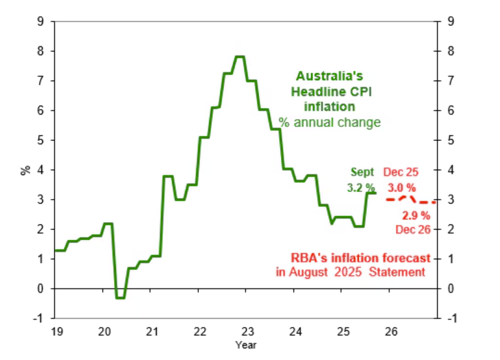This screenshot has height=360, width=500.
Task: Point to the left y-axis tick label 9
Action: [40, 22]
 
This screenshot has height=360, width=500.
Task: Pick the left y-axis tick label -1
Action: [38, 318]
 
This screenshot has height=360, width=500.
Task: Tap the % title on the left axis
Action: [25, 169]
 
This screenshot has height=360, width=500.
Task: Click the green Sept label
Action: [363, 171]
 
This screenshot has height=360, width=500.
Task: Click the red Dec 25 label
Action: [400, 171]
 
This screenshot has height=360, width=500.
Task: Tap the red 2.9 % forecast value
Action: [415, 216]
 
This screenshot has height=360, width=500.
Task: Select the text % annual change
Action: [329, 122]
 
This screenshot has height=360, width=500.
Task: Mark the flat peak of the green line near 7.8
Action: [240, 57]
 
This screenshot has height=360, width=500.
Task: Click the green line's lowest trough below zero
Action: [121, 298]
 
